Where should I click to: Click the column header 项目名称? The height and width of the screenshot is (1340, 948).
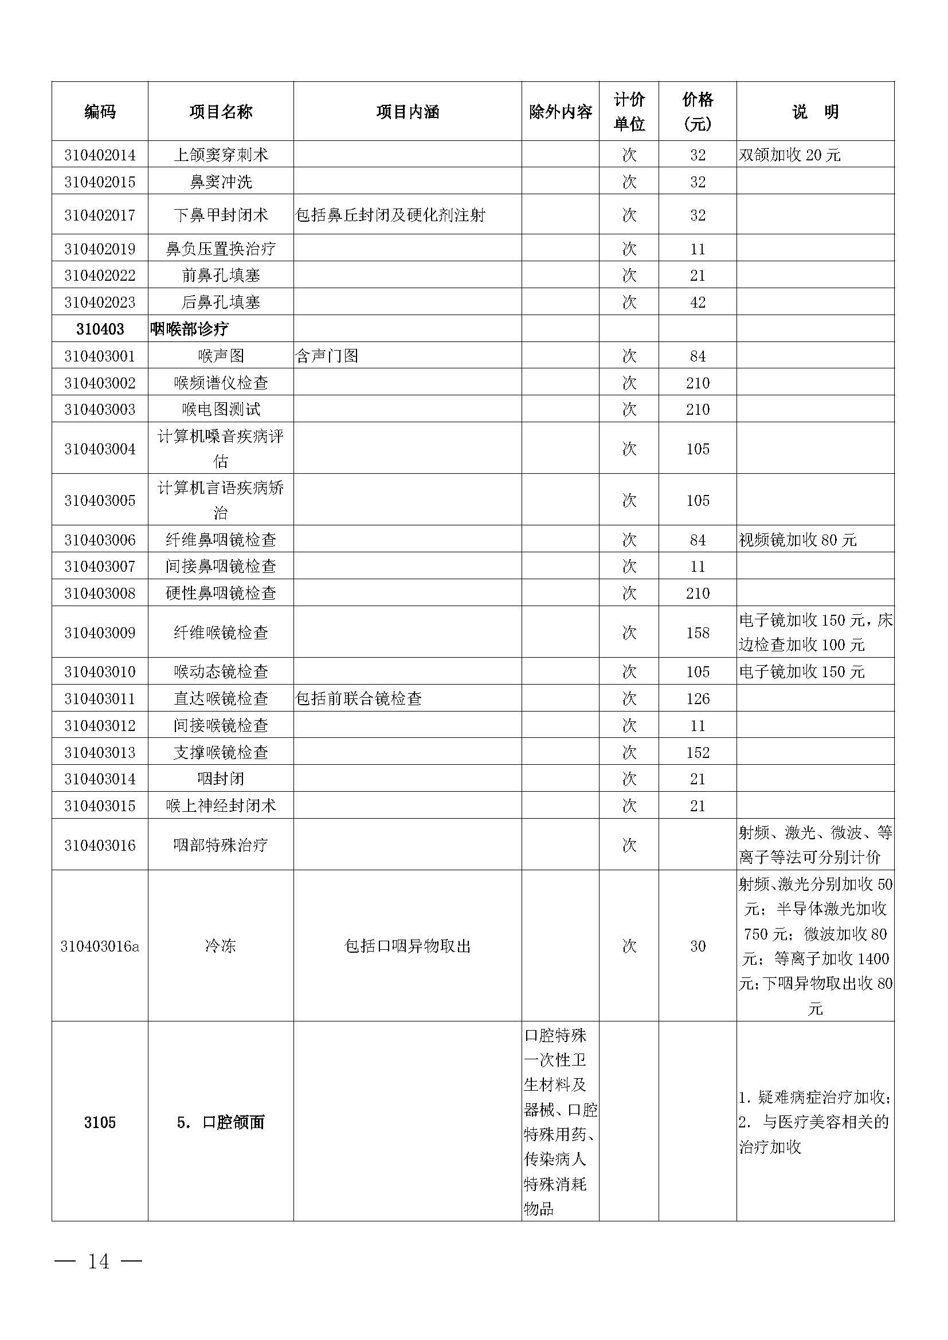221,112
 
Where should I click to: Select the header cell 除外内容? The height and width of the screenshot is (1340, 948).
560,112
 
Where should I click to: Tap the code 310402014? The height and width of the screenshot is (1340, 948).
100,155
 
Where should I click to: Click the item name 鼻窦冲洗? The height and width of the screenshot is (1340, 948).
221,182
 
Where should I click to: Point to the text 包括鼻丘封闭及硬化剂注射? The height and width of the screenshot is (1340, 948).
390,215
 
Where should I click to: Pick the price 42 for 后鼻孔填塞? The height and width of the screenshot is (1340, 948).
698,302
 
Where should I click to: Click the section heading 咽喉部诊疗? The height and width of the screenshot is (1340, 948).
189,329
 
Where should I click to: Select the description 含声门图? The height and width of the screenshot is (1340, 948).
327,356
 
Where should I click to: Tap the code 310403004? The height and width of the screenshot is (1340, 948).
100,449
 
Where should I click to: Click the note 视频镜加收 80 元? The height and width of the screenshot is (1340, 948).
797,540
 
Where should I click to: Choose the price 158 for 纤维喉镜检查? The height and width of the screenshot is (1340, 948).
698,632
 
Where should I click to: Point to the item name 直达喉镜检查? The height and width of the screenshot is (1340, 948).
221,698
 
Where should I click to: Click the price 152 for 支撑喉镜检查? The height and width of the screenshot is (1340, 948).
698,752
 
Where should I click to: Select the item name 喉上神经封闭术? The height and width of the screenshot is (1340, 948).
221,805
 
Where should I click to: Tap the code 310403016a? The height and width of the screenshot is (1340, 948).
100,946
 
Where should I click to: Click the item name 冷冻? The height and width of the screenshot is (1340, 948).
221,946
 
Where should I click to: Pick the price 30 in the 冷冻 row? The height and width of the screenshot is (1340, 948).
698,946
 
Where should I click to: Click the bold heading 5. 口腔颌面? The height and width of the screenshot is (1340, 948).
221,1122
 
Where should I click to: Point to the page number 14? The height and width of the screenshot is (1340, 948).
98,1261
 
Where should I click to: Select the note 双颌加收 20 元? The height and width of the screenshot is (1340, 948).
789,155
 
